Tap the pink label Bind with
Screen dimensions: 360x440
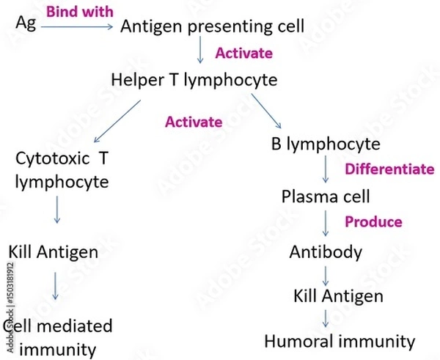(x=80, y=12)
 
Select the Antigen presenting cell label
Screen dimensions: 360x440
(x=211, y=26)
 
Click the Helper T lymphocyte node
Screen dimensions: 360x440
(x=194, y=80)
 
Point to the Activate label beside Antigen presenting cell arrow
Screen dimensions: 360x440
(x=243, y=54)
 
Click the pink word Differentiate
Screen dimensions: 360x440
(x=389, y=169)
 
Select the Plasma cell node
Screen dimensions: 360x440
(x=326, y=197)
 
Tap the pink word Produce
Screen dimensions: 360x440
(x=374, y=221)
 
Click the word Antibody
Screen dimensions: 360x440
(x=326, y=253)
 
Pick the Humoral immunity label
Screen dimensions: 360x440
(x=340, y=342)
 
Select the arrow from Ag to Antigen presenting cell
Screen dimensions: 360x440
(x=77, y=28)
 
